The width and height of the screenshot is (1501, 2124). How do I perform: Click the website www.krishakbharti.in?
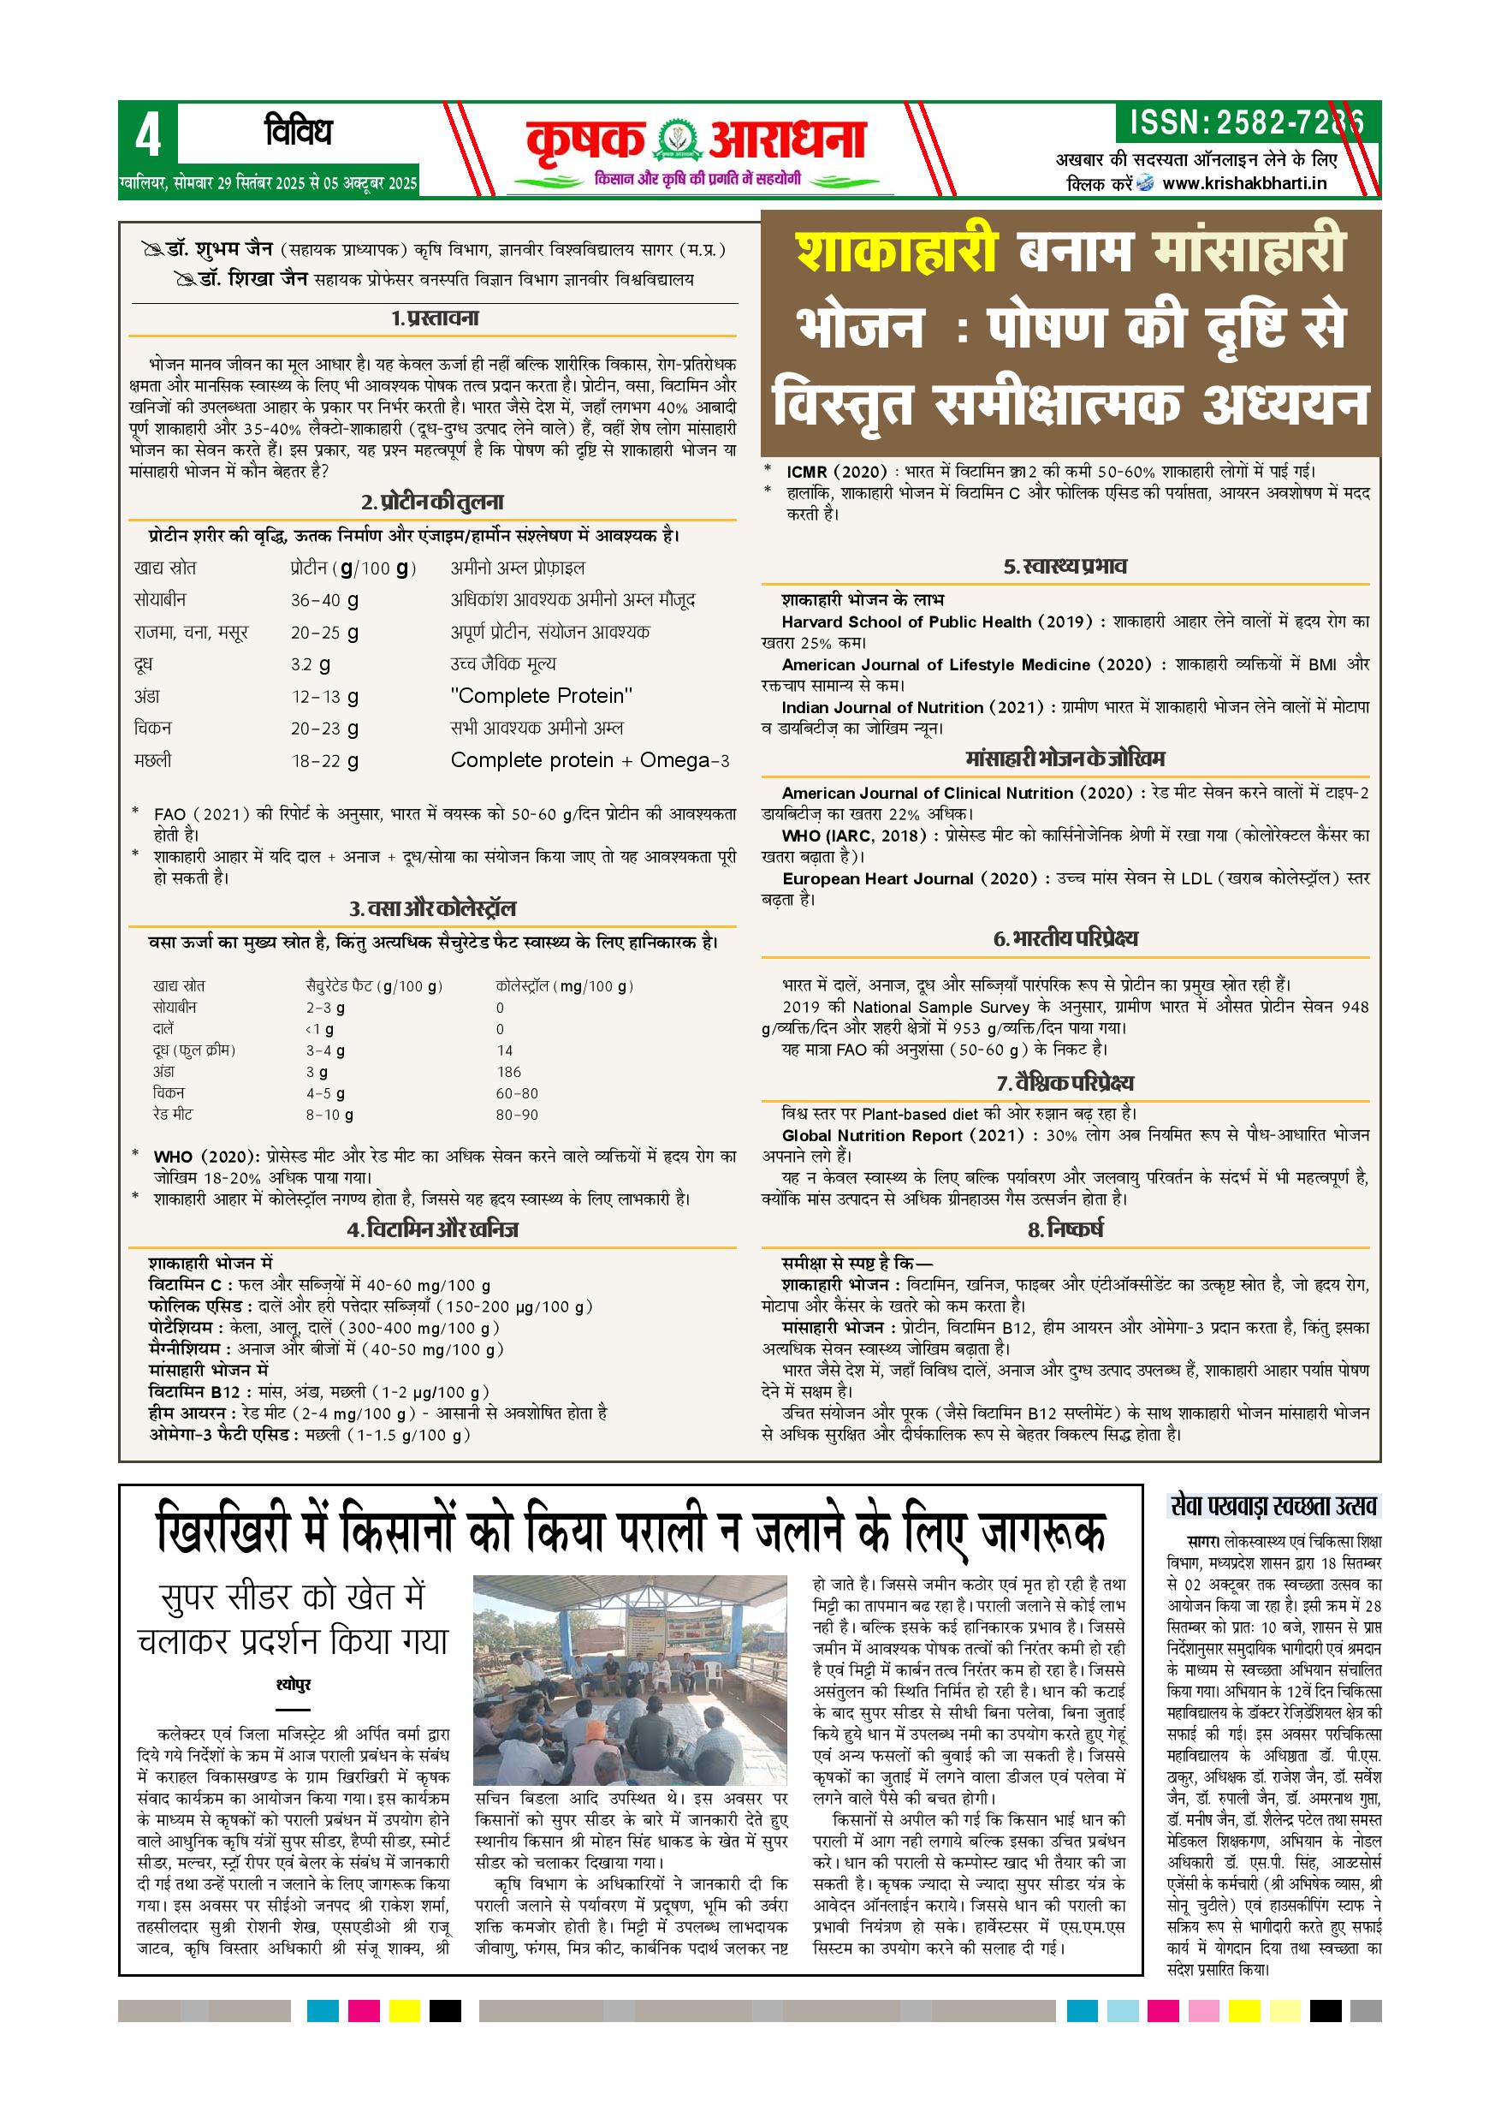click(x=1244, y=183)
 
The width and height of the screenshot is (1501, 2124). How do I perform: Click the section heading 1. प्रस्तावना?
click(x=434, y=319)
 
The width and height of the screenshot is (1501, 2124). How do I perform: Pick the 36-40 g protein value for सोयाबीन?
click(x=324, y=600)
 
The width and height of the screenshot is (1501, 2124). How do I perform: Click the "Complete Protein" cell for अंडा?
click(x=541, y=696)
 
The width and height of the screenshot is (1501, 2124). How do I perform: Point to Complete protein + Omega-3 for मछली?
click(x=589, y=760)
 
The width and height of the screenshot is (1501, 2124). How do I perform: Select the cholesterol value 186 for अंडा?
click(x=508, y=1072)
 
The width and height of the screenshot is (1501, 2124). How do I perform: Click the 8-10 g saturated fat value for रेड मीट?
click(x=329, y=1116)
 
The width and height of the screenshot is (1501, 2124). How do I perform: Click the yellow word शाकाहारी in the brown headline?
click(x=896, y=253)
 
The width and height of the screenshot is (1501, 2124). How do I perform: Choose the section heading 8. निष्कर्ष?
click(x=1065, y=1229)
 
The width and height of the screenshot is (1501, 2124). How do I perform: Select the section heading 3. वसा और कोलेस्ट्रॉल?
click(x=433, y=908)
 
